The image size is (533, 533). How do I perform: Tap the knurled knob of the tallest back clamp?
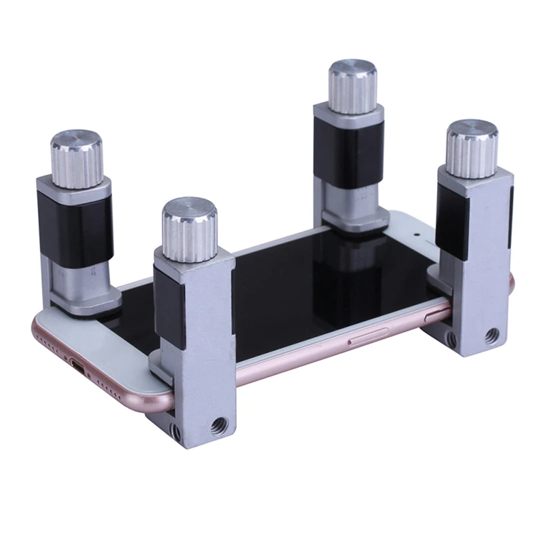tap(354, 87)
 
